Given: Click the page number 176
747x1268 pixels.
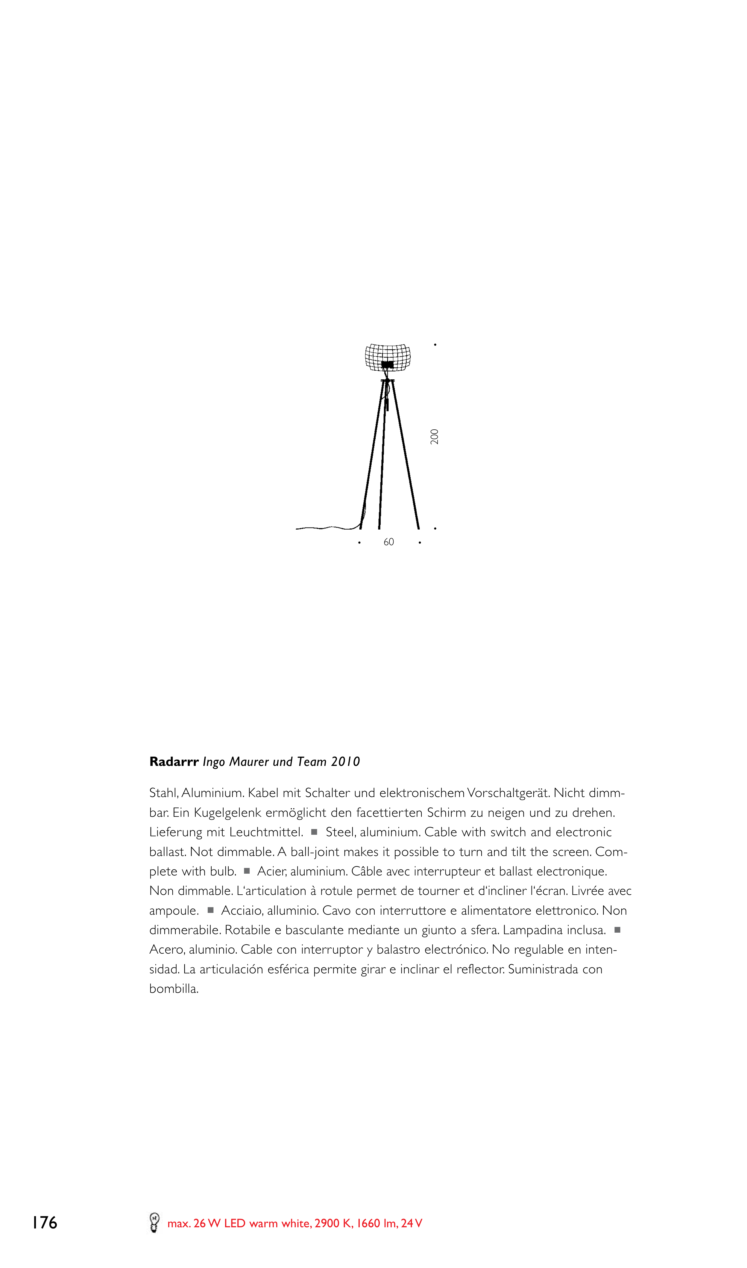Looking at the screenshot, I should coord(45,1223).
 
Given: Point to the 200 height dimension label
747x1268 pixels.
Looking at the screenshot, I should coord(435,436).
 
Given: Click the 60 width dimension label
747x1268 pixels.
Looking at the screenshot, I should coord(388,542).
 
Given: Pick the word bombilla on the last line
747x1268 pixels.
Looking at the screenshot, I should coord(174,989).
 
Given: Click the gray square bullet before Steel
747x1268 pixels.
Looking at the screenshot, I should coord(314,832).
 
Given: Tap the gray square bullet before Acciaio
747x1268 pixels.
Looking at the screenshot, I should coord(210,910).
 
